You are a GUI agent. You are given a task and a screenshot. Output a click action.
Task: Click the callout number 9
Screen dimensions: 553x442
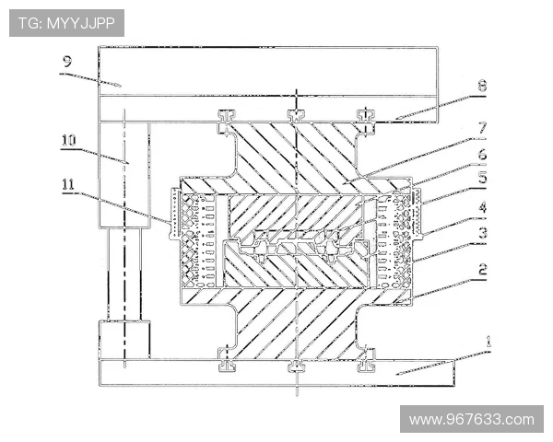(x=67, y=62)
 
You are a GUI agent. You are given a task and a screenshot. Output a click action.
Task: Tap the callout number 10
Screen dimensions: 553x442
(x=69, y=140)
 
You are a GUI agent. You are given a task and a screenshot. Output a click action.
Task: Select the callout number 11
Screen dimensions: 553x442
(x=69, y=184)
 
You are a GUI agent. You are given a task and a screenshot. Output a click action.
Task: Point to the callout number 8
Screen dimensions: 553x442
(x=482, y=86)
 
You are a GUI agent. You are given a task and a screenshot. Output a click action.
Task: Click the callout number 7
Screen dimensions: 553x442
(x=482, y=127)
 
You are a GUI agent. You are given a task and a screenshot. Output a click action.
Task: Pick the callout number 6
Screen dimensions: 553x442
(x=482, y=154)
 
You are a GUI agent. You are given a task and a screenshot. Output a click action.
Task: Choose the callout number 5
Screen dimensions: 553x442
(x=482, y=178)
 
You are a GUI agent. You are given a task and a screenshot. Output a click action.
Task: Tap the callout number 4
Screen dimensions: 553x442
(x=483, y=207)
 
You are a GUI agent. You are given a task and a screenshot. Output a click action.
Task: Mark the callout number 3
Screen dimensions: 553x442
(x=483, y=232)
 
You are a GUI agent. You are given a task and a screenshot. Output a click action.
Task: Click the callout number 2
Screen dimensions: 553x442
(x=483, y=269)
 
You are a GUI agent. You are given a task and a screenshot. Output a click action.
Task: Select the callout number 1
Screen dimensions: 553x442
(x=488, y=342)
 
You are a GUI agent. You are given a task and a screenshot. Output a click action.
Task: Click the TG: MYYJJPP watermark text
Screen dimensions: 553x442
(x=66, y=23)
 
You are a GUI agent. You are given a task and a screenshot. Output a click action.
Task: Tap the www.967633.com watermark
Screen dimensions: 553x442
(x=472, y=420)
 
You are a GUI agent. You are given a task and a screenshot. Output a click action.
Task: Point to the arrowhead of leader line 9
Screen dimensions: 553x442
(x=121, y=86)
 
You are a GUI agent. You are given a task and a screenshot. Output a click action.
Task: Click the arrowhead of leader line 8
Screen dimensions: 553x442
(x=395, y=119)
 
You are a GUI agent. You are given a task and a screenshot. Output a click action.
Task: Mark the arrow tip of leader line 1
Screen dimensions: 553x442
(x=395, y=373)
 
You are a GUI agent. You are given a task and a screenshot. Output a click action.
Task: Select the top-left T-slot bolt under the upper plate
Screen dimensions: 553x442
(x=227, y=115)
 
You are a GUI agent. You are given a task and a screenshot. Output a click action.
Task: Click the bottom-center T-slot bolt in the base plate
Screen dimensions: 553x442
(x=297, y=366)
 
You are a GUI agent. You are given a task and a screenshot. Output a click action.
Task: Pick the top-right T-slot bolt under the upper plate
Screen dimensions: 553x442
(x=366, y=115)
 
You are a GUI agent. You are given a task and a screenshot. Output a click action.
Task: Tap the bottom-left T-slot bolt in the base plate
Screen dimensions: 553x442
(x=227, y=366)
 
